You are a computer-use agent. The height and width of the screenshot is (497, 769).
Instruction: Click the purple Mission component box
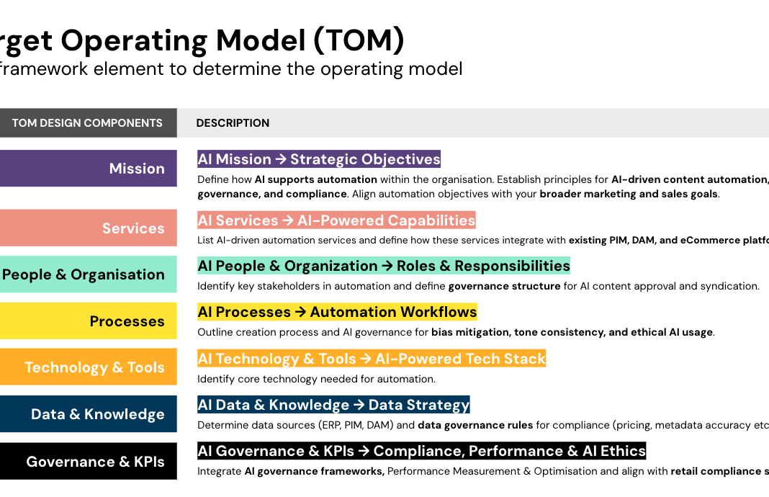click(x=89, y=169)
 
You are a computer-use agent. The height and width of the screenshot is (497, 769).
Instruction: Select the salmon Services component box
click(x=89, y=228)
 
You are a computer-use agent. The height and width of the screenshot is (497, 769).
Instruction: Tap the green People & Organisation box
click(x=89, y=274)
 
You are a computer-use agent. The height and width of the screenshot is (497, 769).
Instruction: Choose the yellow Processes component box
click(x=89, y=321)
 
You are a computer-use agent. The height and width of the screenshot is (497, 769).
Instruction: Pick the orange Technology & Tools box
click(x=89, y=367)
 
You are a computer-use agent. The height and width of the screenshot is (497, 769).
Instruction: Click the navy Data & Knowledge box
click(x=89, y=413)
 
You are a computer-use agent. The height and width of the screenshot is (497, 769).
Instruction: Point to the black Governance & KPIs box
click(x=89, y=461)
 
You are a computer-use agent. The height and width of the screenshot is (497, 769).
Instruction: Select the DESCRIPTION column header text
click(x=233, y=123)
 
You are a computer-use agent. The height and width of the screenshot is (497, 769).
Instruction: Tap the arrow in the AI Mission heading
click(x=281, y=159)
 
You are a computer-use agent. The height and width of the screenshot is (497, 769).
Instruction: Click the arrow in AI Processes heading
click(x=300, y=312)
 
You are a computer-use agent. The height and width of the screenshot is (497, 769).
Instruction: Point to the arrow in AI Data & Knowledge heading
click(x=359, y=405)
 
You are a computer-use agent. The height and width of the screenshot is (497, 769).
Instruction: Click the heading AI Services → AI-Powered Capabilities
click(x=336, y=220)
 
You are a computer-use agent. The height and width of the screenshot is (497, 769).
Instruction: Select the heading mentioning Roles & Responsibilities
click(x=384, y=266)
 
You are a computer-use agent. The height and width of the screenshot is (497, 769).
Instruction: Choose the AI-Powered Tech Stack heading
click(x=372, y=359)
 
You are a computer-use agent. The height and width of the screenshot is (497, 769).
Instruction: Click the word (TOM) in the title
click(x=359, y=41)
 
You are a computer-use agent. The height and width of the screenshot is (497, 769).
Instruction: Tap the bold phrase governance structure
click(x=504, y=286)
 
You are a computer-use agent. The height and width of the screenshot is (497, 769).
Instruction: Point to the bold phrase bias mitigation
click(x=470, y=332)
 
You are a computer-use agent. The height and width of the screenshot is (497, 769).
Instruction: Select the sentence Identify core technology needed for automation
click(x=316, y=379)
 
